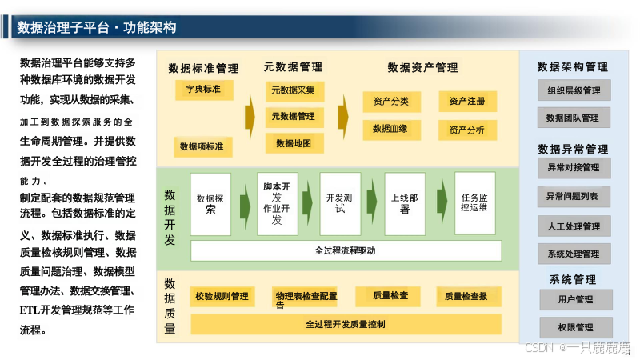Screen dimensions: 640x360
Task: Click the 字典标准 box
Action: pos(203,89)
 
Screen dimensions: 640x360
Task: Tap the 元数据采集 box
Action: pos(294,90)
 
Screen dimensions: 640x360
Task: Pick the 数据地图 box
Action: pos(294,143)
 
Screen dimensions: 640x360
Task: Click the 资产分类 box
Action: pos(390,102)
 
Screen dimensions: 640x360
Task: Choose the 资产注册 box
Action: pos(467,102)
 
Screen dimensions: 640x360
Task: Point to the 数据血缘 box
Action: pos(390,129)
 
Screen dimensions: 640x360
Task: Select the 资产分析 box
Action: pos(467,130)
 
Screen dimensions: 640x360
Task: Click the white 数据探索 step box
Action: pos(210,204)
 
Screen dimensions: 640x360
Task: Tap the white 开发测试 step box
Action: pos(340,203)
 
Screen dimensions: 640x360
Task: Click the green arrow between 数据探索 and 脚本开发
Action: pos(244,204)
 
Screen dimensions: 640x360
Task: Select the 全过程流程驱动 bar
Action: pos(346,250)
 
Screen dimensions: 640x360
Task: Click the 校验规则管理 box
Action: pos(222,297)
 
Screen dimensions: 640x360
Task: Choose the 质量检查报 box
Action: pos(466,297)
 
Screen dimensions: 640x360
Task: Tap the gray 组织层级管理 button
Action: pos(574,90)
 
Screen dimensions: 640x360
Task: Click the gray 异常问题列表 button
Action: pos(574,196)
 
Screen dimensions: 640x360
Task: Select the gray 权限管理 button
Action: pos(575,327)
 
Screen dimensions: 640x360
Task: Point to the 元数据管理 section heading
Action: pos(293,67)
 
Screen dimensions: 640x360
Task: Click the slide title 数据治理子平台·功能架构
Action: pos(97,28)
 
